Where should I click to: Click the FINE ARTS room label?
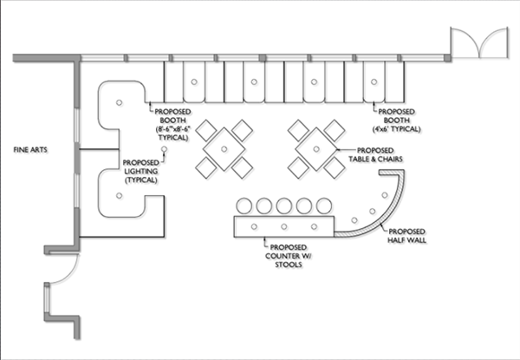(30, 150)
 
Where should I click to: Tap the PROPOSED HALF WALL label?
(407, 235)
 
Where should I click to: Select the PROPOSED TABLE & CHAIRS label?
(375, 154)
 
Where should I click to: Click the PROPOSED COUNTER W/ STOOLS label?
(289, 256)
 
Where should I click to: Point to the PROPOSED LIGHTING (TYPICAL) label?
(141, 171)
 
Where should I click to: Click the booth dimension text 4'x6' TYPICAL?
(396, 128)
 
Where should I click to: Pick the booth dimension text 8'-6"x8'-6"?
(172, 128)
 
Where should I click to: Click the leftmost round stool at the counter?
(244, 206)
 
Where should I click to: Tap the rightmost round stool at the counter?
(324, 206)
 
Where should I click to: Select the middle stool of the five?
(284, 206)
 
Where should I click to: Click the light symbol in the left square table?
(224, 149)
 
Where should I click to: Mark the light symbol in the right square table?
(316, 149)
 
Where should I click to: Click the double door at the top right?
(479, 43)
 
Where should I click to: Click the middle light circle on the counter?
(284, 226)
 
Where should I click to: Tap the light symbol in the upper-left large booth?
(119, 102)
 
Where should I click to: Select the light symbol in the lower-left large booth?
(119, 195)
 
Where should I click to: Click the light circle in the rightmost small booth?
(374, 82)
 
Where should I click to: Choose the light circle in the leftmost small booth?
(194, 82)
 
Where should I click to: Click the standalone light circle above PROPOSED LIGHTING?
(164, 150)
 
